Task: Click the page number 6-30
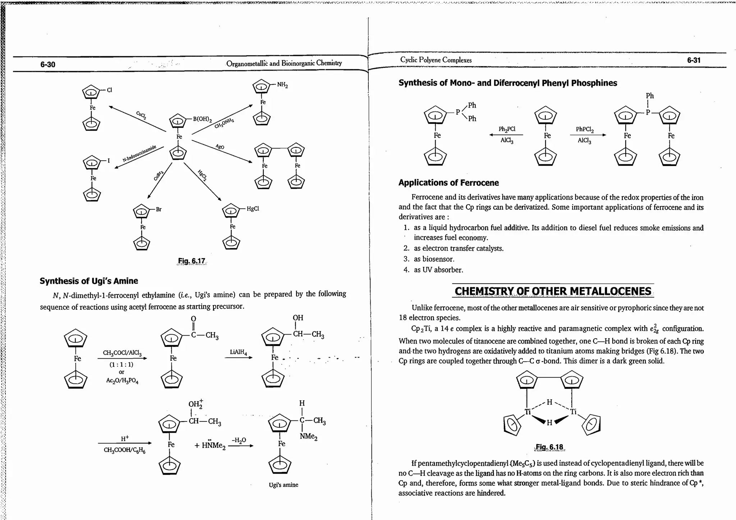coord(48,64)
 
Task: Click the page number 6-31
coord(694,60)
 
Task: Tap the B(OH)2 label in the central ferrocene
coord(202,119)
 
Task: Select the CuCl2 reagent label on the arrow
coord(141,115)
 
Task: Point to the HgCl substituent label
coord(253,208)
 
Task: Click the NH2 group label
coord(282,85)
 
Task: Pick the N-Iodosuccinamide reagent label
coord(139,154)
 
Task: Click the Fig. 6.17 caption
coord(192,261)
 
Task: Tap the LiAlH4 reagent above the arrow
coord(238,352)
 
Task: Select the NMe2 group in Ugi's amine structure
coord(309,437)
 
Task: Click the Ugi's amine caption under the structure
coord(284,485)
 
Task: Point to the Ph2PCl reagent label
coord(507,129)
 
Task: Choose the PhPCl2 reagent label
coord(585,129)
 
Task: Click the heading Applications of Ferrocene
coord(448,183)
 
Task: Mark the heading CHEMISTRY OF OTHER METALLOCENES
coord(553,291)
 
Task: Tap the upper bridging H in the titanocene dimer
coord(549,402)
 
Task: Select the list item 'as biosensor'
coord(434,259)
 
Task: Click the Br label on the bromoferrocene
coord(158,209)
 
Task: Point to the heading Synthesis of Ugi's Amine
coord(89,281)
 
